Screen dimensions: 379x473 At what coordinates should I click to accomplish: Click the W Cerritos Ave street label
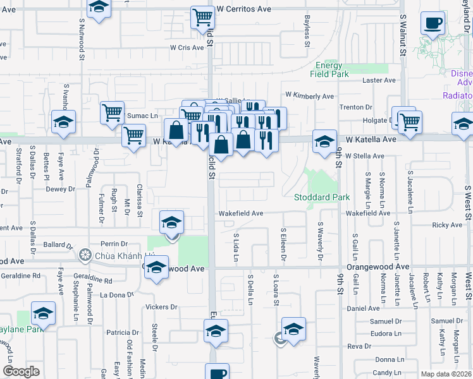pos(243,9)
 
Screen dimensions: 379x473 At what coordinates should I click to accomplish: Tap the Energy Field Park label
pos(329,69)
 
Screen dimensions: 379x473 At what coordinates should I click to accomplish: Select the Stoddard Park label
pos(322,197)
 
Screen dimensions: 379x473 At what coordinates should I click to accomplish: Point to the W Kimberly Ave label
pos(309,96)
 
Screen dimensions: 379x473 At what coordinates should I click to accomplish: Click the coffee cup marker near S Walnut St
pos(433,23)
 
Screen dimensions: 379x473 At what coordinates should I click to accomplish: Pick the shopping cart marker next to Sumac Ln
pos(112,112)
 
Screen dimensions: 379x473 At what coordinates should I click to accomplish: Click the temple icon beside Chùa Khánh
pos(85,256)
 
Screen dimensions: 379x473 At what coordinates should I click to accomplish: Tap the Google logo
pos(21,371)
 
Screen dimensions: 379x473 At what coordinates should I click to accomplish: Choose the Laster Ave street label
pos(379,80)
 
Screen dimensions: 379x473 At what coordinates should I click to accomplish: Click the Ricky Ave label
pos(447,225)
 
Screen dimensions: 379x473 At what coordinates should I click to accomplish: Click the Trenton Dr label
pos(357,107)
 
